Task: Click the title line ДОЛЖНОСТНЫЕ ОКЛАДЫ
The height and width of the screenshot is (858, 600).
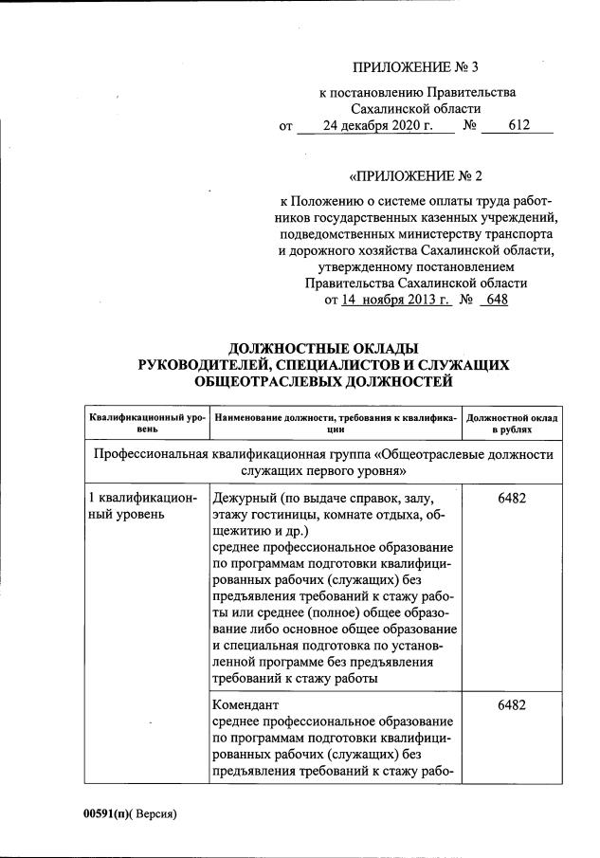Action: pos(323,348)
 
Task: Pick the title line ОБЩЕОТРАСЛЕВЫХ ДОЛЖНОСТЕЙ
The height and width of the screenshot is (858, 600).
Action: pos(323,381)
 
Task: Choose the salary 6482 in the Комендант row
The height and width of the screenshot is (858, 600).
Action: pos(512,705)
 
